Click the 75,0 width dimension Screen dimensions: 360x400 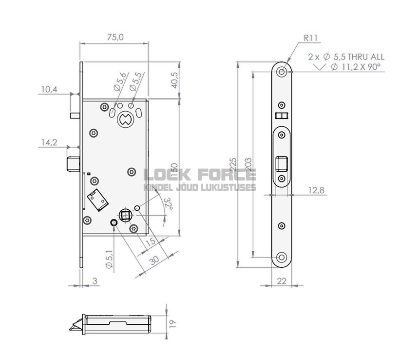pyautogui.click(x=115, y=37)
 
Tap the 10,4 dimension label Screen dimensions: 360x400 pyautogui.click(x=49, y=89)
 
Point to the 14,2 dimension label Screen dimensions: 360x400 pyautogui.click(x=49, y=142)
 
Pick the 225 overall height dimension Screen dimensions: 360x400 pyautogui.click(x=233, y=165)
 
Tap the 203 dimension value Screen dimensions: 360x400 pyautogui.click(x=248, y=165)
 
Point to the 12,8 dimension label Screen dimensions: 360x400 pyautogui.click(x=316, y=190)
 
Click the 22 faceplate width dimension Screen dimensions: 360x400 pyautogui.click(x=282, y=281)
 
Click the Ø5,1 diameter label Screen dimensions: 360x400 pyautogui.click(x=109, y=258)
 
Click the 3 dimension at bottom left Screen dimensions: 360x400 pyautogui.click(x=95, y=281)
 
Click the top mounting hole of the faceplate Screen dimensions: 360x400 pyautogui.click(x=282, y=71)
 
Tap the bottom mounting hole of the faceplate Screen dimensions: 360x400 pyautogui.click(x=282, y=258)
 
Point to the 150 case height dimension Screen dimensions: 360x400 pyautogui.click(x=173, y=166)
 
